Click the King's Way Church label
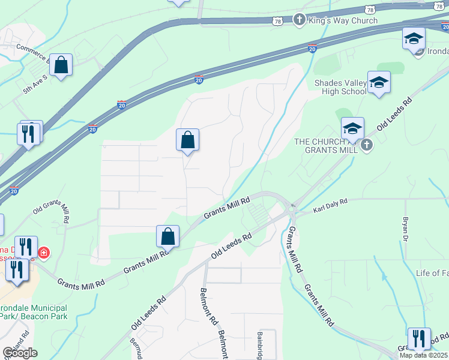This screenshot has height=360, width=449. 343,20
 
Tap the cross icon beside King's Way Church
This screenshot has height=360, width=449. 298,20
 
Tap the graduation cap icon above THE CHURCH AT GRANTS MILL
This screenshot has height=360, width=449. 352,128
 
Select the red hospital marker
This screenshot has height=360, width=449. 43,253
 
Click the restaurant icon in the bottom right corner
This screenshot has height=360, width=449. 419,339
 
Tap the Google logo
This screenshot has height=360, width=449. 19,353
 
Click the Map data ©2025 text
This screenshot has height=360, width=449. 424,355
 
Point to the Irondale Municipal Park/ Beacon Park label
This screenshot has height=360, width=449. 32,311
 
